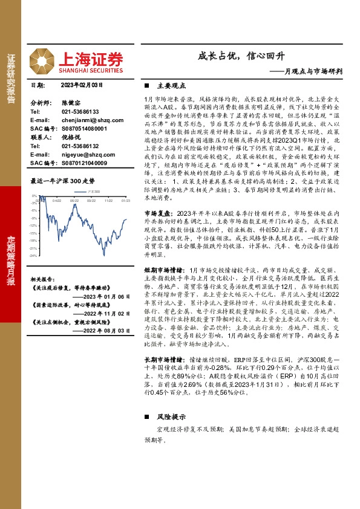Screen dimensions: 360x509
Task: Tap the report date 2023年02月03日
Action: [x=82, y=86]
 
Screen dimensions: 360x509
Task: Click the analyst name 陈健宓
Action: [x=70, y=103]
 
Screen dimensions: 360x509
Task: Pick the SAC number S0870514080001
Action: [x=84, y=129]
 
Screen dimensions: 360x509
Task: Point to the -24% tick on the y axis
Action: [x=34, y=256]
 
